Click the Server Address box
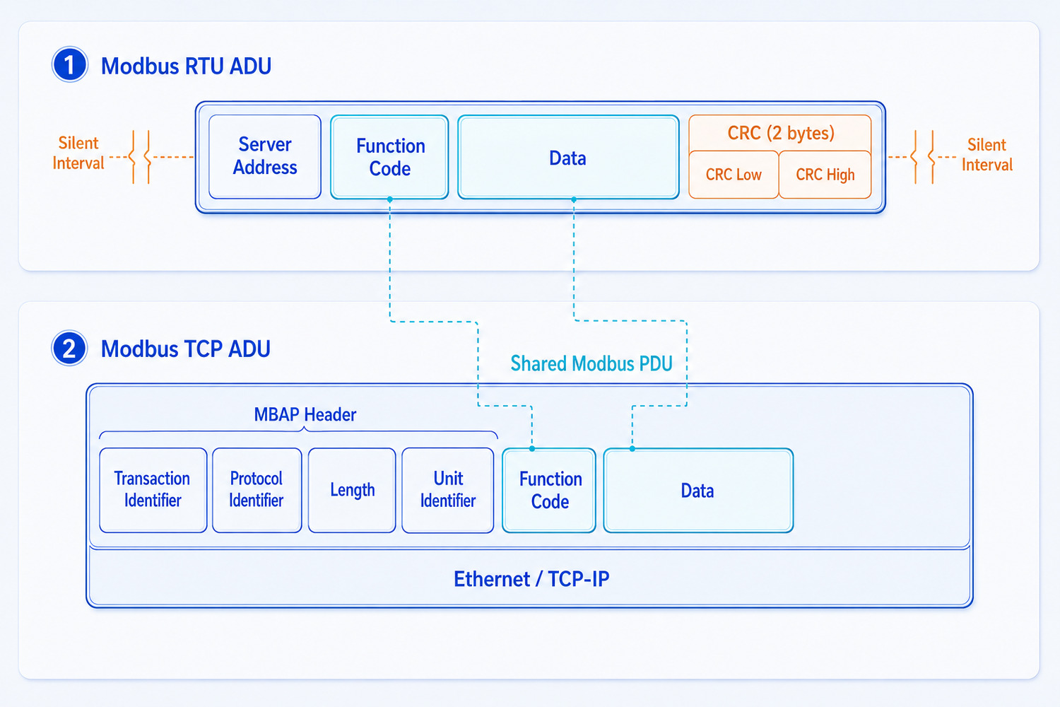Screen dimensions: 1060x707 264,157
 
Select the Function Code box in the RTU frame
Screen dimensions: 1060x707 389,157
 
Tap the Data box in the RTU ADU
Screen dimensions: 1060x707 568,157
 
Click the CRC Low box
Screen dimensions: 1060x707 734,174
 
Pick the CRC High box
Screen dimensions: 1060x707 825,174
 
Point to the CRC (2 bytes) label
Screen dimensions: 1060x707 781,133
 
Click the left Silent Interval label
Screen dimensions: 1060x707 78,153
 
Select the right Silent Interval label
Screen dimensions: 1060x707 987,155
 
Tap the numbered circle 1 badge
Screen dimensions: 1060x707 69,64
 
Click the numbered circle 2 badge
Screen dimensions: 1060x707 69,348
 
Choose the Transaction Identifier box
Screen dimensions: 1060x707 153,490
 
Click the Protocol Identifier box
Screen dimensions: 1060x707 257,490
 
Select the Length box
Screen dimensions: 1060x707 352,490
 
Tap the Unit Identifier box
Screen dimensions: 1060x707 447,490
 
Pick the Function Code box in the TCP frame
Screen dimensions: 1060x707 549,490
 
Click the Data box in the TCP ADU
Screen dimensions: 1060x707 698,490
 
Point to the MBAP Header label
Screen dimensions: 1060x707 305,415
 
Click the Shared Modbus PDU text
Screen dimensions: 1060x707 591,363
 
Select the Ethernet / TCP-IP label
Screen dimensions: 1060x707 531,579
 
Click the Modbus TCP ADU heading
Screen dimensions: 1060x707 185,349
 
